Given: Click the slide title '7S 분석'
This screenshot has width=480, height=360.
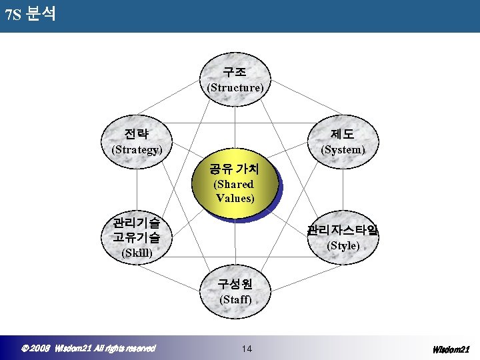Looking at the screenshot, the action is tap(30, 14).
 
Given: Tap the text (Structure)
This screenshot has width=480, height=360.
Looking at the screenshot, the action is tap(235, 87).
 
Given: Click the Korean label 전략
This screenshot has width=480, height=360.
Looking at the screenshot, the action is tap(137, 133).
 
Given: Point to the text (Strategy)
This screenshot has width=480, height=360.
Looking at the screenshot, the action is tap(137, 149).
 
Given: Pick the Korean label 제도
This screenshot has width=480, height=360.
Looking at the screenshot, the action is tap(342, 133).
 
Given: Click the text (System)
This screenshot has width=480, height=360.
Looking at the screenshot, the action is tap(343, 149).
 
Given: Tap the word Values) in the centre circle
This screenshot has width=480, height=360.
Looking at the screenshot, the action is tap(235, 198).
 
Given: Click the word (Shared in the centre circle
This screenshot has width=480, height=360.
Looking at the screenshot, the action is tap(233, 184).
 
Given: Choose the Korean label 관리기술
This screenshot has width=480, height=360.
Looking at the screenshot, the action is tap(137, 222).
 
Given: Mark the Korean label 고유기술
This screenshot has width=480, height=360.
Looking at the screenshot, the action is tap(137, 237).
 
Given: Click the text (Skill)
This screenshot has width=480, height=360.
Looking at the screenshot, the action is tap(137, 253).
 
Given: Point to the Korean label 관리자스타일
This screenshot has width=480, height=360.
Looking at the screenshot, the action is tap(343, 231).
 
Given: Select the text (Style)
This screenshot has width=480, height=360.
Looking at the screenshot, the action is tap(343, 246).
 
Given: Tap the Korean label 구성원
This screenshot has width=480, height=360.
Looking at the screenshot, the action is tap(235, 283).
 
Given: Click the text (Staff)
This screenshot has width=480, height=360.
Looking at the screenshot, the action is tap(235, 299).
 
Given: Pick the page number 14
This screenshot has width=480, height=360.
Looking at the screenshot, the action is tap(247, 349).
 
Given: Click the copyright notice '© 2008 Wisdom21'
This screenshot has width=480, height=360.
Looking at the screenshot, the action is tap(89, 348).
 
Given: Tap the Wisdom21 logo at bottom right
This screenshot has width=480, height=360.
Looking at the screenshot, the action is tap(451, 349).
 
